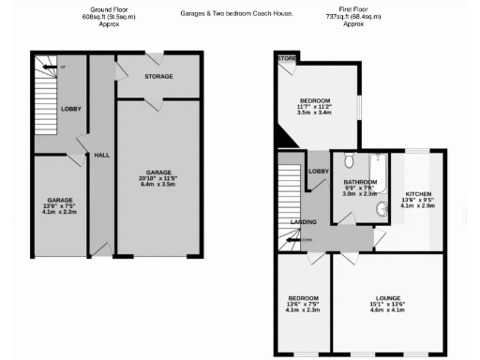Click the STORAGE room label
158,76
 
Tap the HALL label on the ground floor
102,155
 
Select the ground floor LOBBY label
71,109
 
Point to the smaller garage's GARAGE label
60,200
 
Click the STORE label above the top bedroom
286,59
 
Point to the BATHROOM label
360,181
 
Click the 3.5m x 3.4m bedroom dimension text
314,115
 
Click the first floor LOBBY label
319,172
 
